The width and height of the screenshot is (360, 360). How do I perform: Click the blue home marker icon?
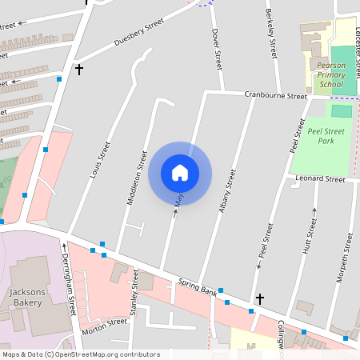pyautogui.click(x=180, y=172)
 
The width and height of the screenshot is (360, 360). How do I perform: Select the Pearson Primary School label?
pyautogui.click(x=330, y=74)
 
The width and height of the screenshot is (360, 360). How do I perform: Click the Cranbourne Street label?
pyautogui.click(x=276, y=95)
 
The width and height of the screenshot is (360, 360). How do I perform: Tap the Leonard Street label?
pyautogui.click(x=320, y=179)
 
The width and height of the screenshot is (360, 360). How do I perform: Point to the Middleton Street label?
pyautogui.click(x=137, y=177)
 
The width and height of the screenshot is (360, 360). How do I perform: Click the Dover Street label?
pyautogui.click(x=215, y=48)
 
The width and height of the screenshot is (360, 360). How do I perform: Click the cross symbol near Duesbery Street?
pyautogui.click(x=78, y=70)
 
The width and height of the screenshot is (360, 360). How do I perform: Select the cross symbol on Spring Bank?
pyautogui.click(x=260, y=298)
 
